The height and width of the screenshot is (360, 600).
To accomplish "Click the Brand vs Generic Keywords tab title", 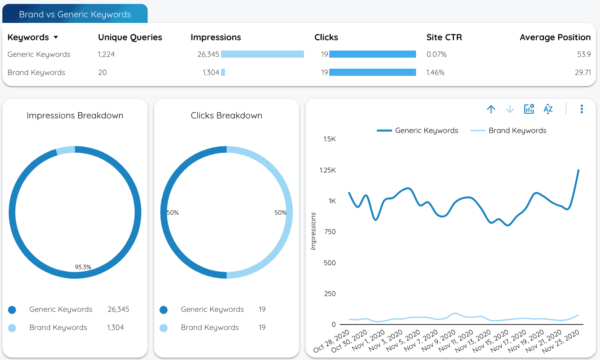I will tap(75, 15).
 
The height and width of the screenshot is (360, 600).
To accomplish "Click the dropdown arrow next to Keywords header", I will tap(56, 37).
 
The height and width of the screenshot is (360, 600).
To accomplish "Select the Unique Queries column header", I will tap(130, 37).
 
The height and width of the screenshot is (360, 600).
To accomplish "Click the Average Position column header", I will tap(555, 37).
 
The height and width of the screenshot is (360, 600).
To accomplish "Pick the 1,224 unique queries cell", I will tap(106, 54).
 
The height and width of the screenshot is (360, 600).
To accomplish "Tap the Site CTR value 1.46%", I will tap(435, 73).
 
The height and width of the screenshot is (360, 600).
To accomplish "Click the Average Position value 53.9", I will tap(583, 54).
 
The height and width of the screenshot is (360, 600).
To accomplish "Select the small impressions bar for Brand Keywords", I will tap(223, 72).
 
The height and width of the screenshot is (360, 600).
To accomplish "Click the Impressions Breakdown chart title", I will tap(75, 116).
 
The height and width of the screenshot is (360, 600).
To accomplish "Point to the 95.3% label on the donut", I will tap(83, 267).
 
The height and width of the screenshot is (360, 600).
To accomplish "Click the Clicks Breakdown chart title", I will tap(226, 116).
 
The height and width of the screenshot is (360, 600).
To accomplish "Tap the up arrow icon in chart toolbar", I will tap(491, 109).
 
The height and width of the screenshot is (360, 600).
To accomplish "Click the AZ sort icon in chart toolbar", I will tap(548, 109).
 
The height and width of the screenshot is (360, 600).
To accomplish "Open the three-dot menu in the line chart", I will tap(581, 109).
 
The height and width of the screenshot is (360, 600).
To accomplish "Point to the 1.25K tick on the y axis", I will tap(328, 170).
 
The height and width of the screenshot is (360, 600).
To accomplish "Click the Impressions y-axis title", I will tap(313, 231).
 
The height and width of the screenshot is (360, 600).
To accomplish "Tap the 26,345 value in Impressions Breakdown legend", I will tap(118, 309).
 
